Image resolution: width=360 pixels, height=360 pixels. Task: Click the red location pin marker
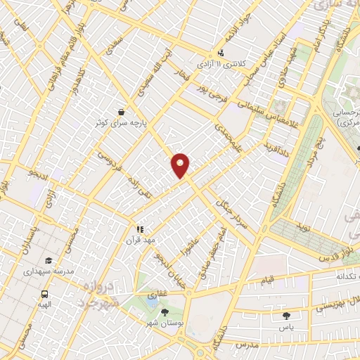(x=181, y=165)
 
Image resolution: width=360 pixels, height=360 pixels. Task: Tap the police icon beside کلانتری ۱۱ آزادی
(x=222, y=53)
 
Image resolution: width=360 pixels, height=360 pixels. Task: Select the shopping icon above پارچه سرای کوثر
(x=122, y=111)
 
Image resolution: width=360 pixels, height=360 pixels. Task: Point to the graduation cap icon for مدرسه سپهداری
(x=48, y=259)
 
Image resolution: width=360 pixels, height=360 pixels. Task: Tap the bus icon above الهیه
(x=45, y=295)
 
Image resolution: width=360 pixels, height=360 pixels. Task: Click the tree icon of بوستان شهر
(x=165, y=311)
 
